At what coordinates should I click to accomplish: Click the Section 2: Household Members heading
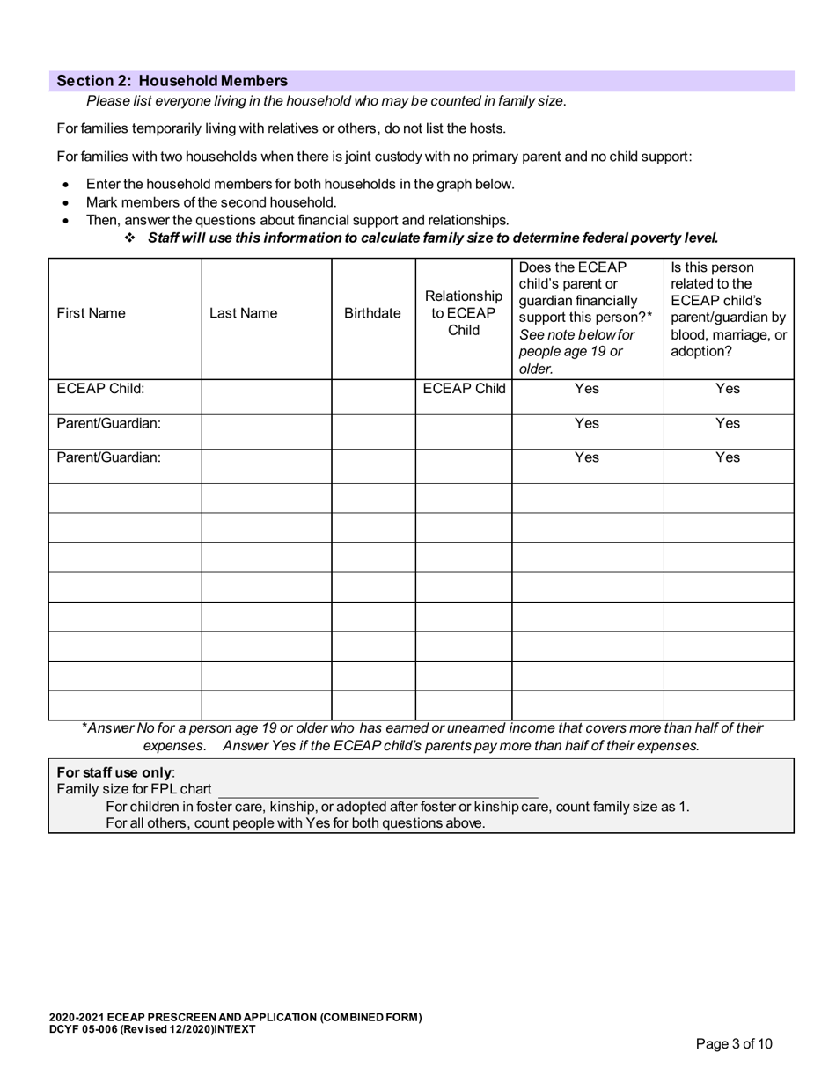172,81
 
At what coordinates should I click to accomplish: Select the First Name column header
91,313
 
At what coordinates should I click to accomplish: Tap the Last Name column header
243,313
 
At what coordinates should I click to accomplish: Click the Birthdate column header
372,313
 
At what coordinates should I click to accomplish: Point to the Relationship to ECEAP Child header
463,313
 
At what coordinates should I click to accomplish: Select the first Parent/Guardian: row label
108,423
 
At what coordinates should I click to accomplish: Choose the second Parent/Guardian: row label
108,457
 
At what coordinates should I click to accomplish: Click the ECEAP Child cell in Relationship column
463,389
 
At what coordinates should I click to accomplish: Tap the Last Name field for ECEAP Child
266,397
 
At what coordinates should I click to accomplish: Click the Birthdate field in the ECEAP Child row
372,397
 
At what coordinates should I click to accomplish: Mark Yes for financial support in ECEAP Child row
587,389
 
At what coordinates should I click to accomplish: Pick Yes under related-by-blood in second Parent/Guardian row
728,457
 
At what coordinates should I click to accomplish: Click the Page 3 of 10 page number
734,1044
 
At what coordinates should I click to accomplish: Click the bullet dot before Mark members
66,202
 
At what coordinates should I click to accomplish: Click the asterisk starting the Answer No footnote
84,727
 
